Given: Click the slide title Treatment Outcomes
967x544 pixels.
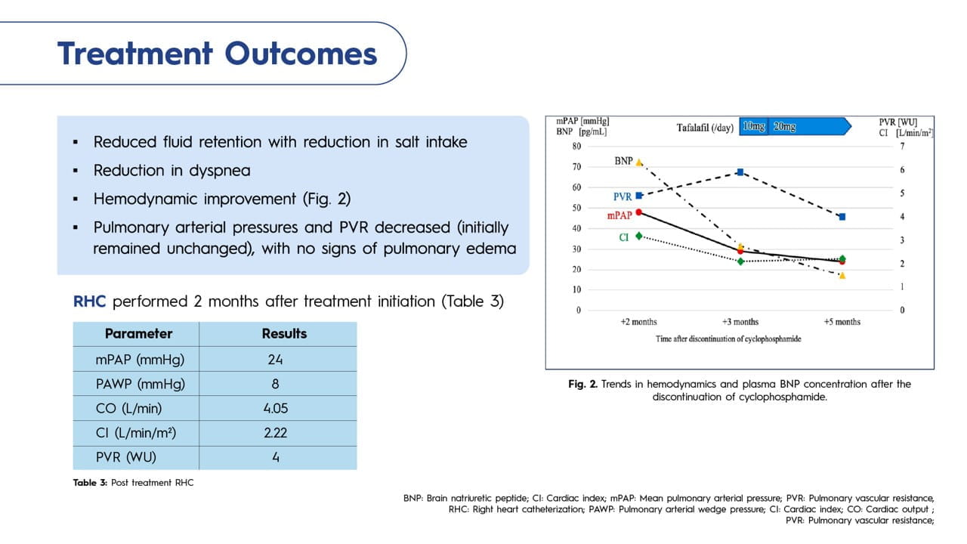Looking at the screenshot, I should tap(217, 54).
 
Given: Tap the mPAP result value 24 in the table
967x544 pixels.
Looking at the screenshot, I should tap(275, 359).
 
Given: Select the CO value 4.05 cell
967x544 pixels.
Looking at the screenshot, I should tap(275, 408).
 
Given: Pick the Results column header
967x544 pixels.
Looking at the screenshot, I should tap(284, 333).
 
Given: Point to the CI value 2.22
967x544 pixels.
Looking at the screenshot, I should tap(275, 433).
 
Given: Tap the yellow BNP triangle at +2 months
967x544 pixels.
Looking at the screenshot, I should tap(639, 162).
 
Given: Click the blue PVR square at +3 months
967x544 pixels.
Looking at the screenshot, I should tap(740, 172).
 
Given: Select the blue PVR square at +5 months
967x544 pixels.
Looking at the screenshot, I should tap(842, 217).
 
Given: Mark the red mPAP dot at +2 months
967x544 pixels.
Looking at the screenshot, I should tap(639, 212).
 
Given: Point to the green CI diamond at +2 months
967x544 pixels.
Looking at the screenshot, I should tap(639, 236).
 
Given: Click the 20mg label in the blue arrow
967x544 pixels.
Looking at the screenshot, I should tap(784, 127).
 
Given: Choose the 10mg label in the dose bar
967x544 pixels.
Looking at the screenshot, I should tap(753, 127).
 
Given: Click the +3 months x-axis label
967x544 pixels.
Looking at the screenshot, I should tap(740, 322).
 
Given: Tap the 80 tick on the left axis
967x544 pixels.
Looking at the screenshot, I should tap(576, 147).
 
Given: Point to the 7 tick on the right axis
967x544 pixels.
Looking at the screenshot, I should tap(902, 147).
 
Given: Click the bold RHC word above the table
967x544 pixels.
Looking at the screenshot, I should tap(91, 301).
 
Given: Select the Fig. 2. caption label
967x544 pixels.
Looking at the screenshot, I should tap(582, 384).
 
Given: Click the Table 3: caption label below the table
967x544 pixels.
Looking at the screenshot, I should tap(91, 483).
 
